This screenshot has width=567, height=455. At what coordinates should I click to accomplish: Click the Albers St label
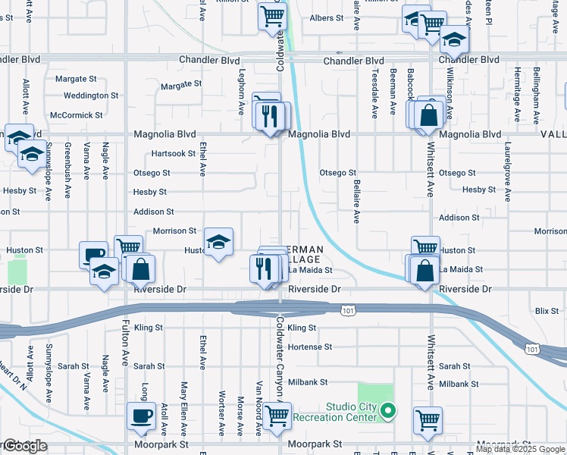click(x=327, y=17)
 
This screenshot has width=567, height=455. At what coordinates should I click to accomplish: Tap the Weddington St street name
click(x=91, y=96)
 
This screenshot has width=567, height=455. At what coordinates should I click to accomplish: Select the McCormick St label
click(x=76, y=115)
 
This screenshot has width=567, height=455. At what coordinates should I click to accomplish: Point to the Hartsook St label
click(x=174, y=153)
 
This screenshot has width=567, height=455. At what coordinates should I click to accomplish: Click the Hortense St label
click(x=310, y=347)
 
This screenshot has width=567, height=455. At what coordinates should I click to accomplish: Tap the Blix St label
click(x=546, y=310)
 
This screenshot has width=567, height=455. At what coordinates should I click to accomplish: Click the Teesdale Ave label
click(x=374, y=95)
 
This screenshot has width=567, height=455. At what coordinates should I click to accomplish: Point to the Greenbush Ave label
click(x=67, y=171)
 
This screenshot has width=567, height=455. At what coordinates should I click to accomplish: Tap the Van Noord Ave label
click(x=259, y=409)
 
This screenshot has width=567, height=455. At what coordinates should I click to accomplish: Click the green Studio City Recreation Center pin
click(x=387, y=412)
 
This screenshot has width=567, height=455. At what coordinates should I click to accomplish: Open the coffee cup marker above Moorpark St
click(x=142, y=416)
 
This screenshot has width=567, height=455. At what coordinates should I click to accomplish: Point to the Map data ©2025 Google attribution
click(x=520, y=448)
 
